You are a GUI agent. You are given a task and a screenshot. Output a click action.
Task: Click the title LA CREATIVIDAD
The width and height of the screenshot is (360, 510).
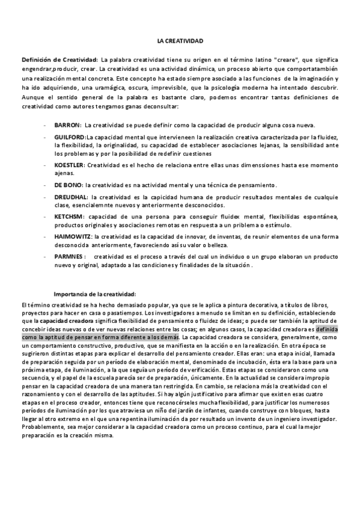(x=180, y=41)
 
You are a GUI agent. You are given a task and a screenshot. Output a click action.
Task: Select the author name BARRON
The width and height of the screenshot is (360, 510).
(x=67, y=125)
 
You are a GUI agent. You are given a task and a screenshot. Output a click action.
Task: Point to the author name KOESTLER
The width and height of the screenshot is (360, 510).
(x=69, y=164)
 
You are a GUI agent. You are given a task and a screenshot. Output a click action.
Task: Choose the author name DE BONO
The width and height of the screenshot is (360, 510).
(x=68, y=184)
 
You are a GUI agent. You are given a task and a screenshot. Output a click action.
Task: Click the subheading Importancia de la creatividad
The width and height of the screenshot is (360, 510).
(x=95, y=294)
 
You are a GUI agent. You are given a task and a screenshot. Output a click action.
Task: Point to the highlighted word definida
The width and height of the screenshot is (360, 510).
(x=327, y=330)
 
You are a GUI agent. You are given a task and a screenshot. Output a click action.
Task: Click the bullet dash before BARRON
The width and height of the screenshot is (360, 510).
(x=46, y=125)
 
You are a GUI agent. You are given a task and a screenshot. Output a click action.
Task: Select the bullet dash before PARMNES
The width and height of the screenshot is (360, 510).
(x=46, y=256)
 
